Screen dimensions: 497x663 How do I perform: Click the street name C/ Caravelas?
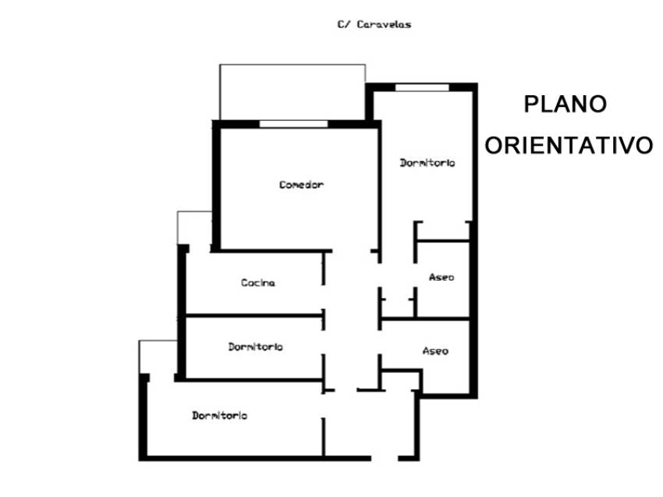point(374,24)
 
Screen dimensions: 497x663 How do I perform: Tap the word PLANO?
point(565,105)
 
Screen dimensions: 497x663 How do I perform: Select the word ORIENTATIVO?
point(569,145)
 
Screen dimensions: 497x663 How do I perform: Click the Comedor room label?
point(301,185)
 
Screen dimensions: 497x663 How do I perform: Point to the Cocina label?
point(257,282)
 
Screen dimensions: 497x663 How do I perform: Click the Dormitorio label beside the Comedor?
point(427,163)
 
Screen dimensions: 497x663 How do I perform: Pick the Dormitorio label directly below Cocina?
point(256,346)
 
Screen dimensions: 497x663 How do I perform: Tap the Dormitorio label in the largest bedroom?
point(220,416)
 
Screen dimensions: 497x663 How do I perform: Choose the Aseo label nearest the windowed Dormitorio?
point(441,277)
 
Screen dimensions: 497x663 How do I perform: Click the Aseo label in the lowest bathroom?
point(435,351)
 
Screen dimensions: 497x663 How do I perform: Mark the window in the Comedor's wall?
point(293,123)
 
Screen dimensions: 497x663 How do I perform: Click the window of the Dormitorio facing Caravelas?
point(422,87)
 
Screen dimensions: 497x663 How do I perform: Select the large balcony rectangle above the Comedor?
point(292,91)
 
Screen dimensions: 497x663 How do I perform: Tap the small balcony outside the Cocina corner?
point(194,228)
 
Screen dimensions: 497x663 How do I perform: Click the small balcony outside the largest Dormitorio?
point(158,357)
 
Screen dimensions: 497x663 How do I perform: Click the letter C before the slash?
point(341,24)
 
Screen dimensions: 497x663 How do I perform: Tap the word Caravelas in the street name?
point(384,24)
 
